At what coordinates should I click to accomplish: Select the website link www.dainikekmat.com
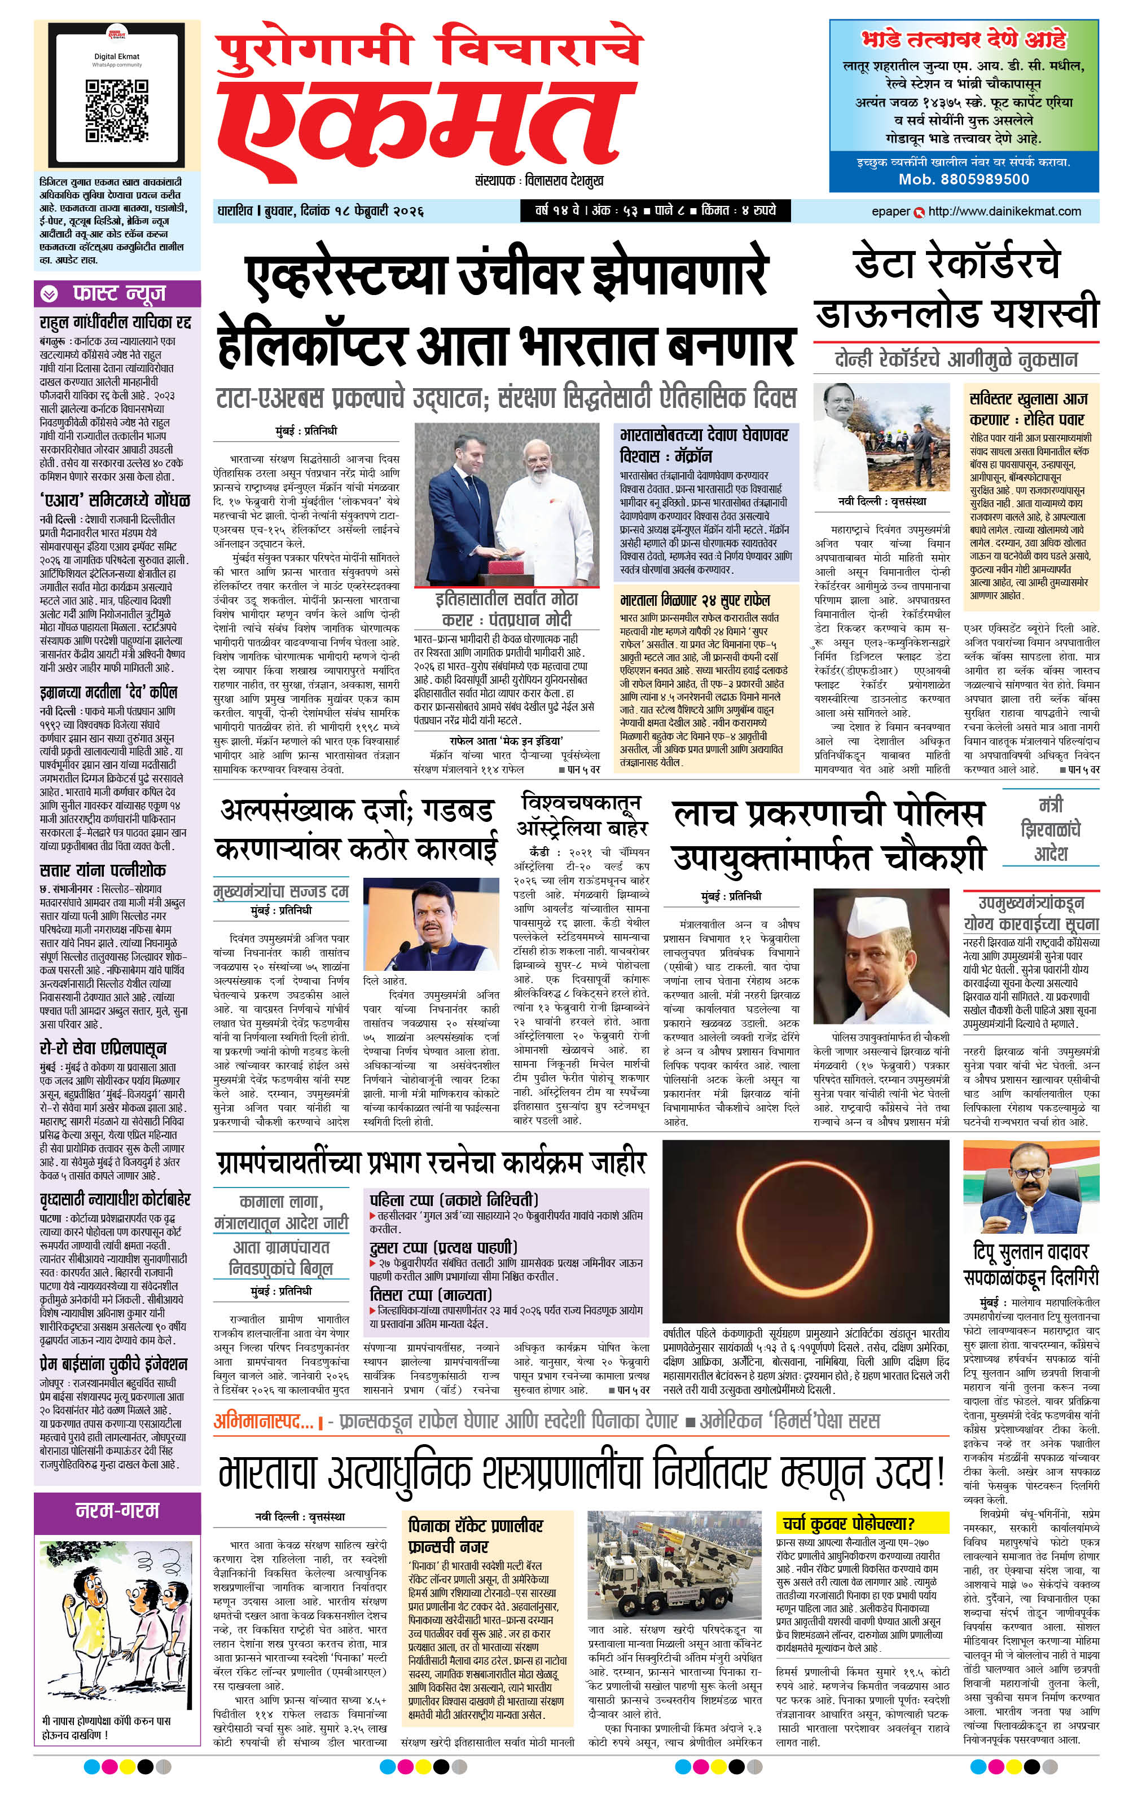[1004, 212]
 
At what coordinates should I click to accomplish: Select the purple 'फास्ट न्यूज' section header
[118, 293]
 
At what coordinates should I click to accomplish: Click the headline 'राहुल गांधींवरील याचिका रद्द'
[116, 323]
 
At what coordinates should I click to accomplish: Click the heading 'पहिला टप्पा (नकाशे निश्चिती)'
[454, 1200]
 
